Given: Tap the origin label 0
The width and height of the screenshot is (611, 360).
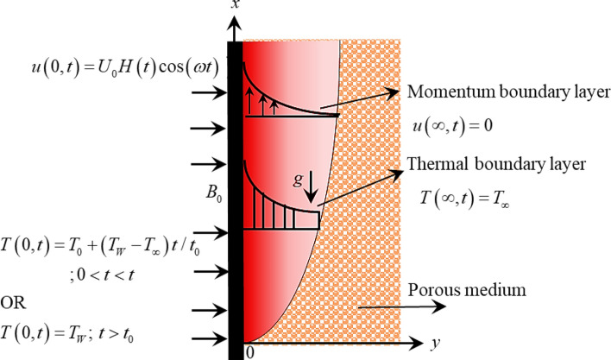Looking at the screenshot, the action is click(x=250, y=351).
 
